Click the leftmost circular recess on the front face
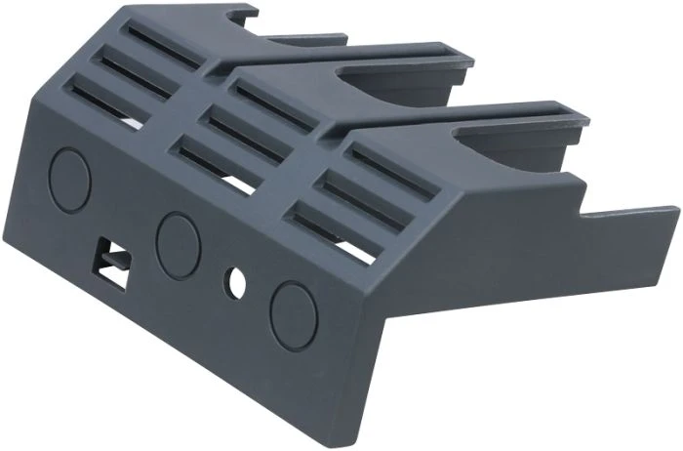click(x=69, y=181)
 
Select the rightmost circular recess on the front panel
click(x=293, y=315)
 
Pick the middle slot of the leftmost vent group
click(x=137, y=73)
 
